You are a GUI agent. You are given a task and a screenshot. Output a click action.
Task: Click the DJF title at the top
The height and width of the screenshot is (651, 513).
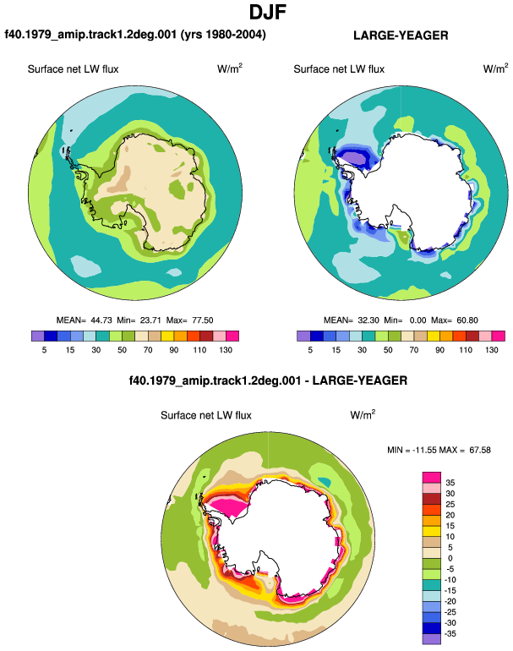268,13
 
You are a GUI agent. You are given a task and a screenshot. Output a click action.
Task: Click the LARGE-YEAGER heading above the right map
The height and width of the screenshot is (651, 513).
401,36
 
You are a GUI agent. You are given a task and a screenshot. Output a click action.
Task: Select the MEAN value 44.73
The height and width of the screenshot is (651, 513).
101,320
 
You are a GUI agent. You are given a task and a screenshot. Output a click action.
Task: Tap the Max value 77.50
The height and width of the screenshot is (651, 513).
202,320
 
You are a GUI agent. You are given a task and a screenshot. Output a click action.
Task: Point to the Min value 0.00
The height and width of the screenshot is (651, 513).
417,320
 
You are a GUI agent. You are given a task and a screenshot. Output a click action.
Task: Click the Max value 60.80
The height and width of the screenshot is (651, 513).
467,320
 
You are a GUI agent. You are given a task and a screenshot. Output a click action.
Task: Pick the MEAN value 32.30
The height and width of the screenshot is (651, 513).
368,320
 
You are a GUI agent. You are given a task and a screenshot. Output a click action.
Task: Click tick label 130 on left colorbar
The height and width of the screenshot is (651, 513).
226,350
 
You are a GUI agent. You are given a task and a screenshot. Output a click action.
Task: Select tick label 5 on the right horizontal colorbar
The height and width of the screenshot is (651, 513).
310,350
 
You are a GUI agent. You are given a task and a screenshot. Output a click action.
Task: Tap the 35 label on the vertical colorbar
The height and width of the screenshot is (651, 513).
450,483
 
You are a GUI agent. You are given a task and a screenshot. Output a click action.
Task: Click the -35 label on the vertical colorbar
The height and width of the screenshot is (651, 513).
450,633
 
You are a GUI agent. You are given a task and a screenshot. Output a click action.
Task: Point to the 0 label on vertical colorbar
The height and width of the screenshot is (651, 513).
450,558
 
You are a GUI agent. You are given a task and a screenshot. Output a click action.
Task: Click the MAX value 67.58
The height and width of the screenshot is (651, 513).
480,450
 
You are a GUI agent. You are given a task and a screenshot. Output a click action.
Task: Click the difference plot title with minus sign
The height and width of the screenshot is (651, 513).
268,380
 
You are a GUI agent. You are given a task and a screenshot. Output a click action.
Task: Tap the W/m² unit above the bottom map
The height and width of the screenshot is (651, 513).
363,415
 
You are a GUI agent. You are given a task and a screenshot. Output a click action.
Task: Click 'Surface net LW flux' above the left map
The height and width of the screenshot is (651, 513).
73,69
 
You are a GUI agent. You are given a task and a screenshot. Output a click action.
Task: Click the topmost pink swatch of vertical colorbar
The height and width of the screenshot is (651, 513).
431,477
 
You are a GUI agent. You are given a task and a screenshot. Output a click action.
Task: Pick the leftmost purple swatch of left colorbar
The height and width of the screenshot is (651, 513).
37,336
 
